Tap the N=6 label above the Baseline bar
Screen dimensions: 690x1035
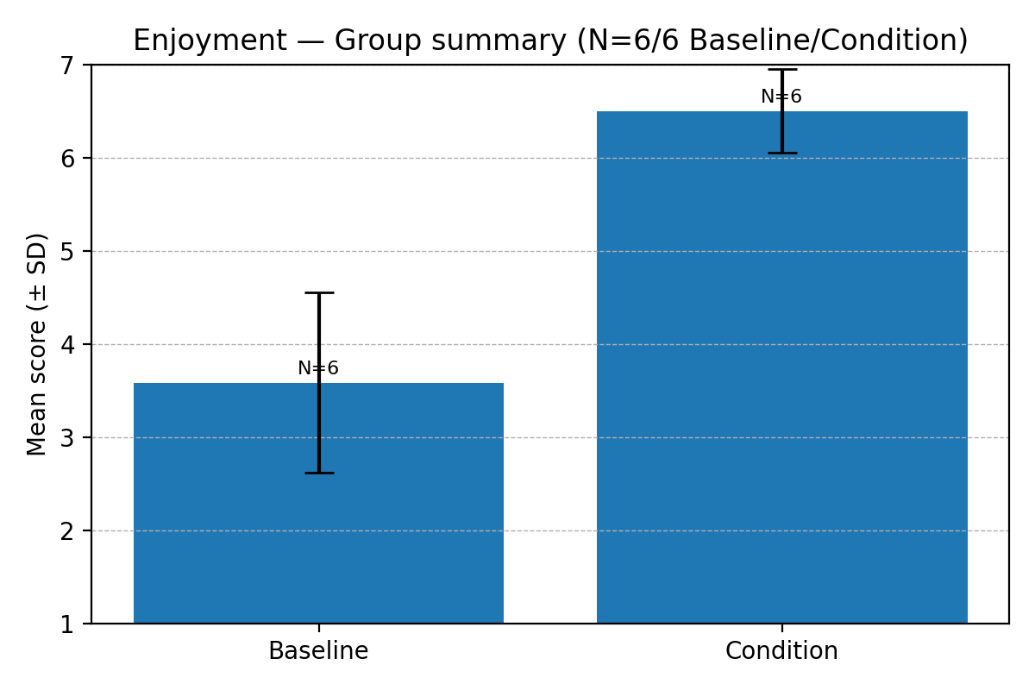coord(318,368)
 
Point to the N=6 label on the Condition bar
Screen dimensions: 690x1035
coord(781,97)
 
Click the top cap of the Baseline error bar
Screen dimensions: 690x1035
coord(318,293)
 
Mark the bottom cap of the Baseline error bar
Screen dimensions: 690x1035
coord(318,473)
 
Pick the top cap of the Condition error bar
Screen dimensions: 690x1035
coord(782,70)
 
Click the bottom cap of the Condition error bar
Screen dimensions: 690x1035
coord(782,153)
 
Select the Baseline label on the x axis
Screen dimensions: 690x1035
coord(318,651)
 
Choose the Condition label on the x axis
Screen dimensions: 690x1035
coord(781,651)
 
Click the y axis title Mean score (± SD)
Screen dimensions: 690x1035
coord(37,344)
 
